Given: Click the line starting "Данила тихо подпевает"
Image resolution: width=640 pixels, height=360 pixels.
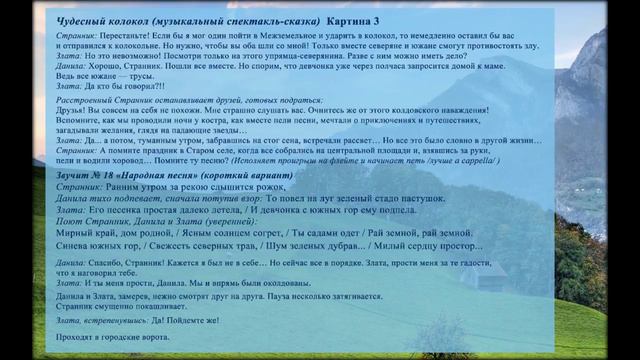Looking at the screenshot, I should click(150, 198).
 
